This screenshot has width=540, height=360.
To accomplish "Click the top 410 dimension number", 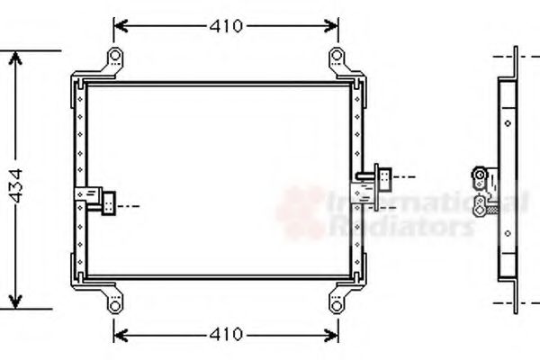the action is click(x=226, y=26).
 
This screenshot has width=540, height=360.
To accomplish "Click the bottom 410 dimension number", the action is click(x=226, y=334).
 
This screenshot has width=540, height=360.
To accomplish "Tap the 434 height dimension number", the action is click(x=16, y=185).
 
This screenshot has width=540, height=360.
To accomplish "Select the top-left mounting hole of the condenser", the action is click(x=115, y=55).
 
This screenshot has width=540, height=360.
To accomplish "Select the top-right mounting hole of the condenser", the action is click(x=337, y=55).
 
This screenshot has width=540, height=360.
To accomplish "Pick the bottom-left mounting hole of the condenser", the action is click(x=115, y=305).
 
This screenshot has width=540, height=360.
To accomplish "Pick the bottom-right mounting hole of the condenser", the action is click(x=337, y=305).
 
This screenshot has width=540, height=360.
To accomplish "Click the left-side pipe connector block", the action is click(x=109, y=202).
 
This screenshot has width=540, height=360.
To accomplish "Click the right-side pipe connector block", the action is click(x=384, y=179).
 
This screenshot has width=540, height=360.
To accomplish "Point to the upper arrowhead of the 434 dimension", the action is click(x=15, y=58).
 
